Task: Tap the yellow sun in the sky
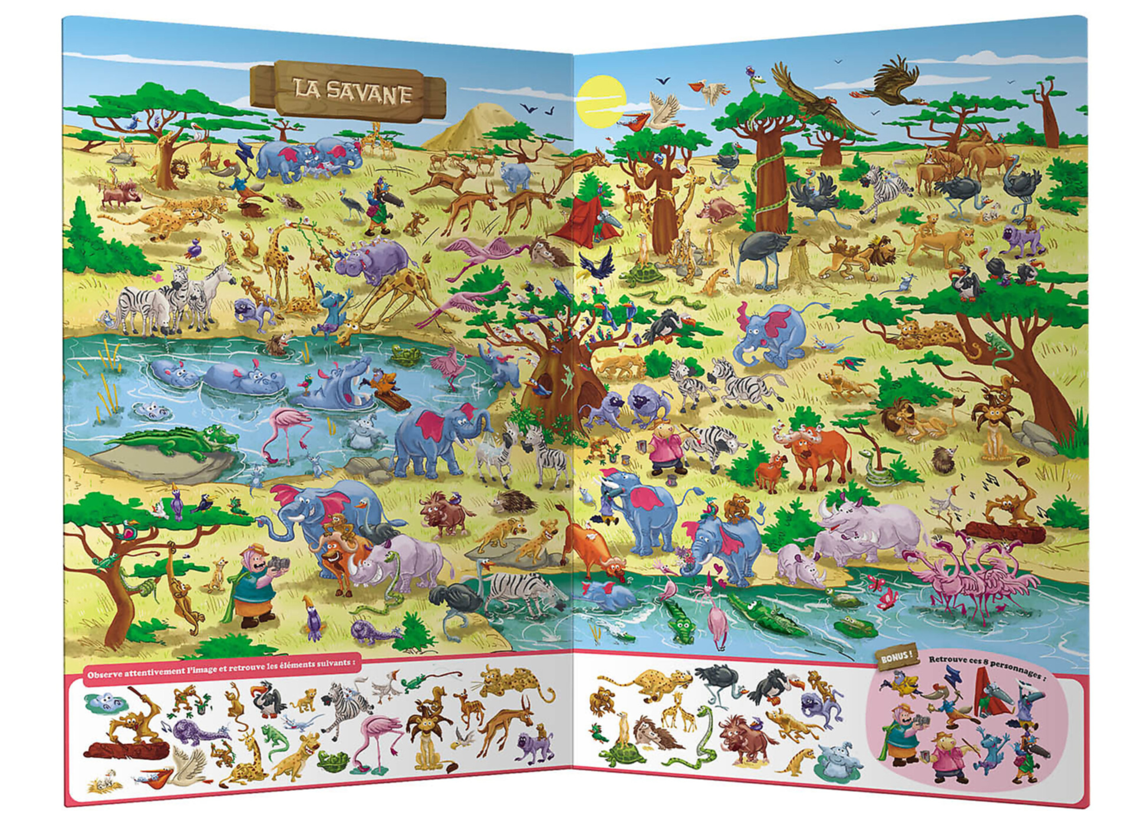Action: [601, 101]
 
